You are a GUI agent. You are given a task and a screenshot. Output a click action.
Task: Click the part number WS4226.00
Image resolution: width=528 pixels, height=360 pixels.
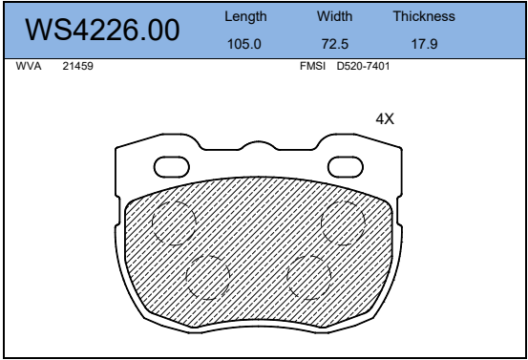coord(102,30)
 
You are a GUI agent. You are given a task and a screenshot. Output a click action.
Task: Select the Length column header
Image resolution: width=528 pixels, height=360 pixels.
coord(245,16)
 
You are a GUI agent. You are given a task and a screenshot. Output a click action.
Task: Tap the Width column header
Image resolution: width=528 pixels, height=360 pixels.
coord(334,16)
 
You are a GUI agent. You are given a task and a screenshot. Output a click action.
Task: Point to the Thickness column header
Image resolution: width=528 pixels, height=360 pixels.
coord(424,16)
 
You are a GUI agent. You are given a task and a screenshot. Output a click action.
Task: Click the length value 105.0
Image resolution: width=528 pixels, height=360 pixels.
coord(244,44)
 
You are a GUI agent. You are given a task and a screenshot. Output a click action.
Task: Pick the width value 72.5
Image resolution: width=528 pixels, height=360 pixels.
coord(335,44)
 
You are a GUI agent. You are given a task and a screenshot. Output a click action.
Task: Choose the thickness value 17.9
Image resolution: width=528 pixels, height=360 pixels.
coord(424,44)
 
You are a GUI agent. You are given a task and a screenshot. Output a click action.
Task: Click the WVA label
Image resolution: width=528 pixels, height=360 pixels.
coord(29,66)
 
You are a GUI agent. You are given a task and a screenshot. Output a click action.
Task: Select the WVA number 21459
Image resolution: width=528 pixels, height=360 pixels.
coord(77,66)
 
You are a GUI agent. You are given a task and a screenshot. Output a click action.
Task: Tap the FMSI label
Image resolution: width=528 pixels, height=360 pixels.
coord(312,66)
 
